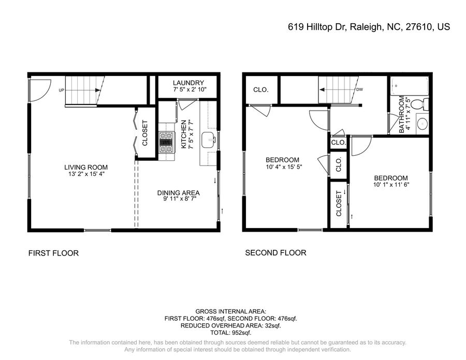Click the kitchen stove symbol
[x=166, y=142]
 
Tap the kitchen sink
[x=209, y=140]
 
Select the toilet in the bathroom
[x=421, y=104]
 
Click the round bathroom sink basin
[x=422, y=123]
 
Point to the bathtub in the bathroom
[x=409, y=86]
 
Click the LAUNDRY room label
[x=188, y=83]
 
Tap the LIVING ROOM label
[x=86, y=167]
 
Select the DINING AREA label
[x=178, y=193]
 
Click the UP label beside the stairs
[x=61, y=90]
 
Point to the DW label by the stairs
[x=359, y=89]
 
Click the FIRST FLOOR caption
[x=53, y=253]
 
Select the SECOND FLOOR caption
[x=275, y=253]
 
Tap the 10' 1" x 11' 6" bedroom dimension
[x=391, y=185]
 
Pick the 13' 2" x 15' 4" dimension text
[x=86, y=174]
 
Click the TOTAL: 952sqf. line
[x=231, y=333]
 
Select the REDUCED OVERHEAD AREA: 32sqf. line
[x=231, y=325]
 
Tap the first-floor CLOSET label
[x=145, y=133]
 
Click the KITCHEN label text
[x=183, y=134]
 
